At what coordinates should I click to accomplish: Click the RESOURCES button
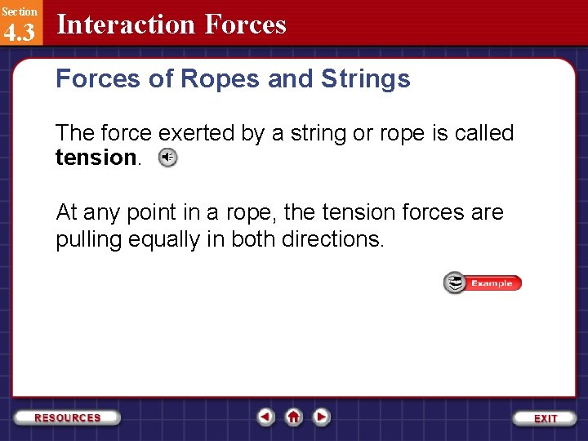pyautogui.click(x=68, y=417)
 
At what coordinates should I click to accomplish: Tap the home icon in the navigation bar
pyautogui.click(x=293, y=417)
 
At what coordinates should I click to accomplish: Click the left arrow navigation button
pyautogui.click(x=265, y=417)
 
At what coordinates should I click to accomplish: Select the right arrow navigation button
pyautogui.click(x=322, y=417)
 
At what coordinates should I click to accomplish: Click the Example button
pyautogui.click(x=483, y=283)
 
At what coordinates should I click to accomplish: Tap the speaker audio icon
pyautogui.click(x=167, y=158)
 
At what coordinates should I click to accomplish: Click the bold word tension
pyautogui.click(x=96, y=158)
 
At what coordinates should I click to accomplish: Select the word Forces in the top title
pyautogui.click(x=246, y=24)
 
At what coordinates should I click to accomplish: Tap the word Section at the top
pyautogui.click(x=19, y=11)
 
